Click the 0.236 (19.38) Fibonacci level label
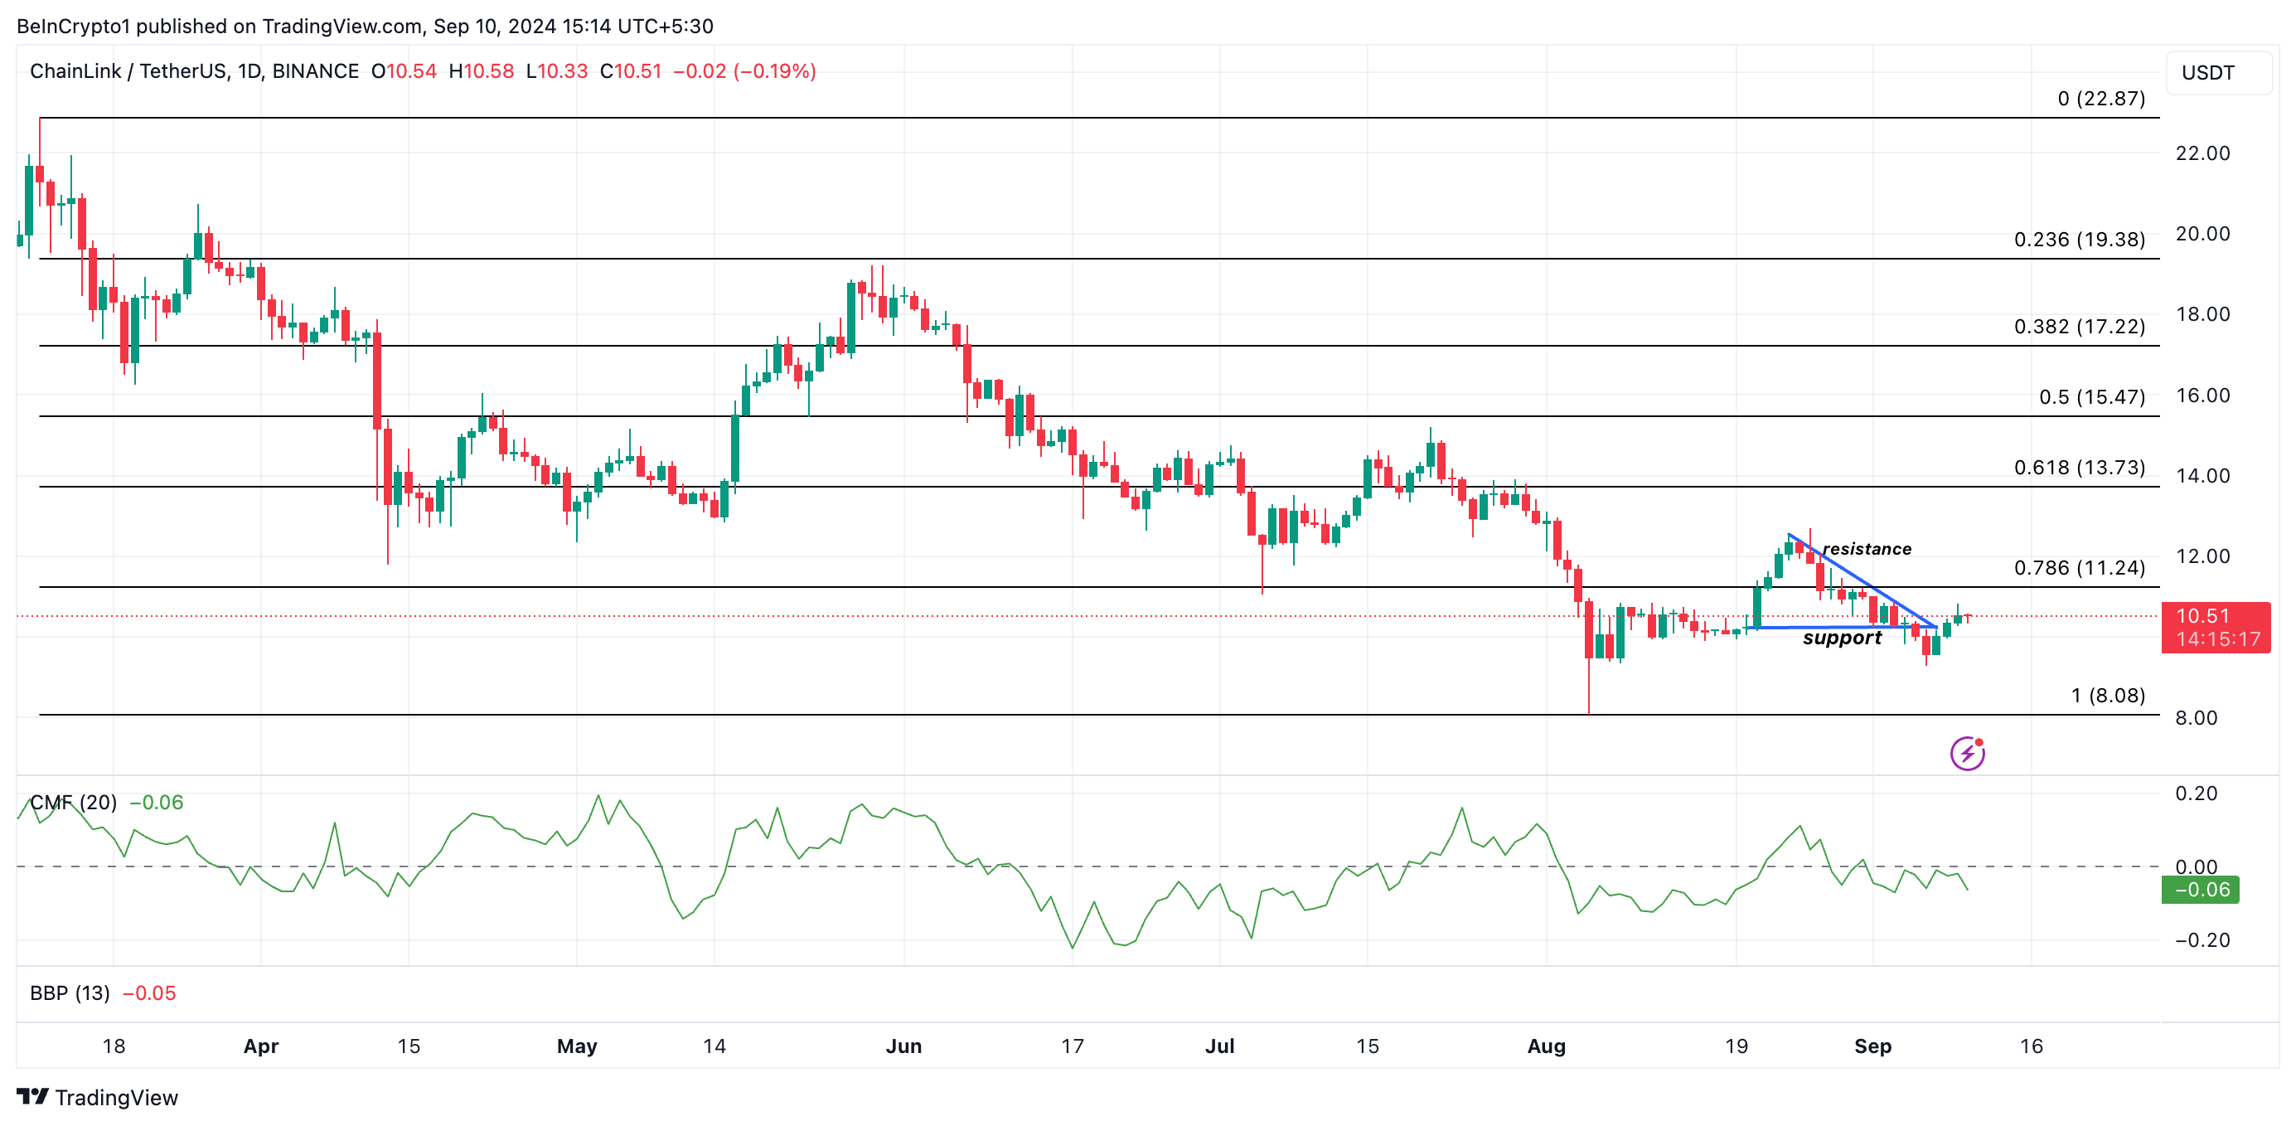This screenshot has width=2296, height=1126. pyautogui.click(x=2079, y=239)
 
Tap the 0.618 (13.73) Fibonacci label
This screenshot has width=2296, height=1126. pyautogui.click(x=2079, y=467)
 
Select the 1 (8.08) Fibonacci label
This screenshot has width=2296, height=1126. pyautogui.click(x=2107, y=696)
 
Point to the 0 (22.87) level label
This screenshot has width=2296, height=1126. pyautogui.click(x=2101, y=98)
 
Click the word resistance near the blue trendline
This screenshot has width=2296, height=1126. pyautogui.click(x=1867, y=549)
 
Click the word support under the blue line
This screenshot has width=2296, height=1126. pyautogui.click(x=1842, y=638)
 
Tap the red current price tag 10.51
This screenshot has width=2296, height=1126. pyautogui.click(x=2215, y=628)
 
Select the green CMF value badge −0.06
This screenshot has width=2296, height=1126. pyautogui.click(x=2200, y=890)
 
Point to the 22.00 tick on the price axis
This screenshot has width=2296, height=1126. pyautogui.click(x=2202, y=153)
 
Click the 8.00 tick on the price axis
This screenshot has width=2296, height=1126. pyautogui.click(x=2195, y=718)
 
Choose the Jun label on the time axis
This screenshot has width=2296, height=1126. pyautogui.click(x=903, y=1046)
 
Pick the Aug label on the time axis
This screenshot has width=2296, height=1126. pyautogui.click(x=1546, y=1046)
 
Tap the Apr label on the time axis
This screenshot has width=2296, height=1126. pyautogui.click(x=261, y=1046)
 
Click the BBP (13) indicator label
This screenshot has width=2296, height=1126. pyautogui.click(x=70, y=993)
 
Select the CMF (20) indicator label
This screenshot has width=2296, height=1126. pyautogui.click(x=73, y=803)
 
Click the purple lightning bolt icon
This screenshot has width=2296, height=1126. pyautogui.click(x=1967, y=754)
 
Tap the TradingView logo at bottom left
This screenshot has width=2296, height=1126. pyautogui.click(x=97, y=1098)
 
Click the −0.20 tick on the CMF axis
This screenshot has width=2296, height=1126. pyautogui.click(x=2202, y=939)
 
